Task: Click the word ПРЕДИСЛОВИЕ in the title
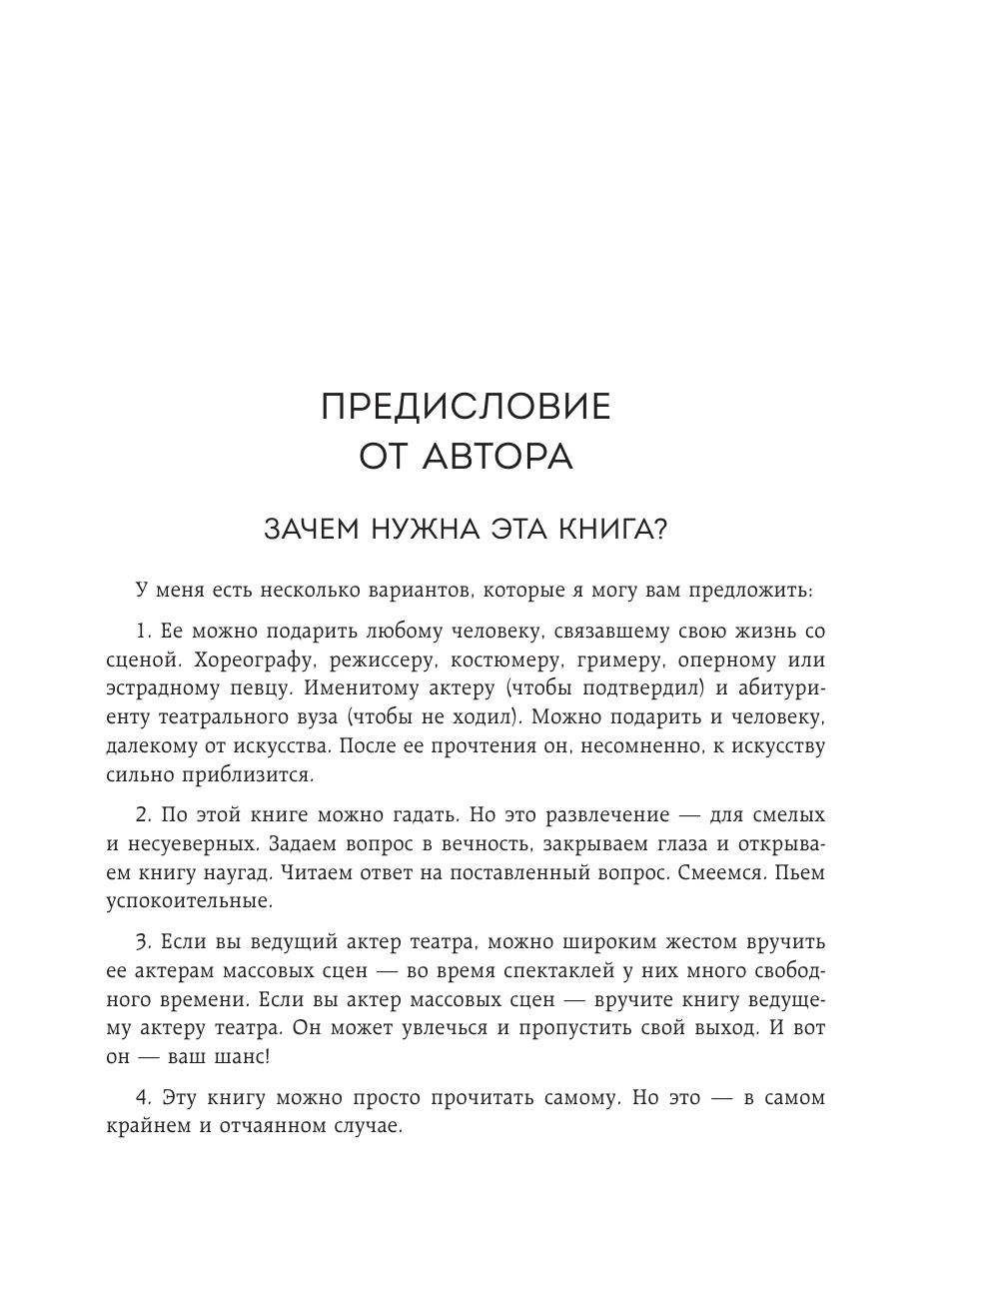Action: (466, 408)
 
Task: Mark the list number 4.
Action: (141, 1097)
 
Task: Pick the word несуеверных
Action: (191, 843)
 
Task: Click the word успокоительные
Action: (188, 901)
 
